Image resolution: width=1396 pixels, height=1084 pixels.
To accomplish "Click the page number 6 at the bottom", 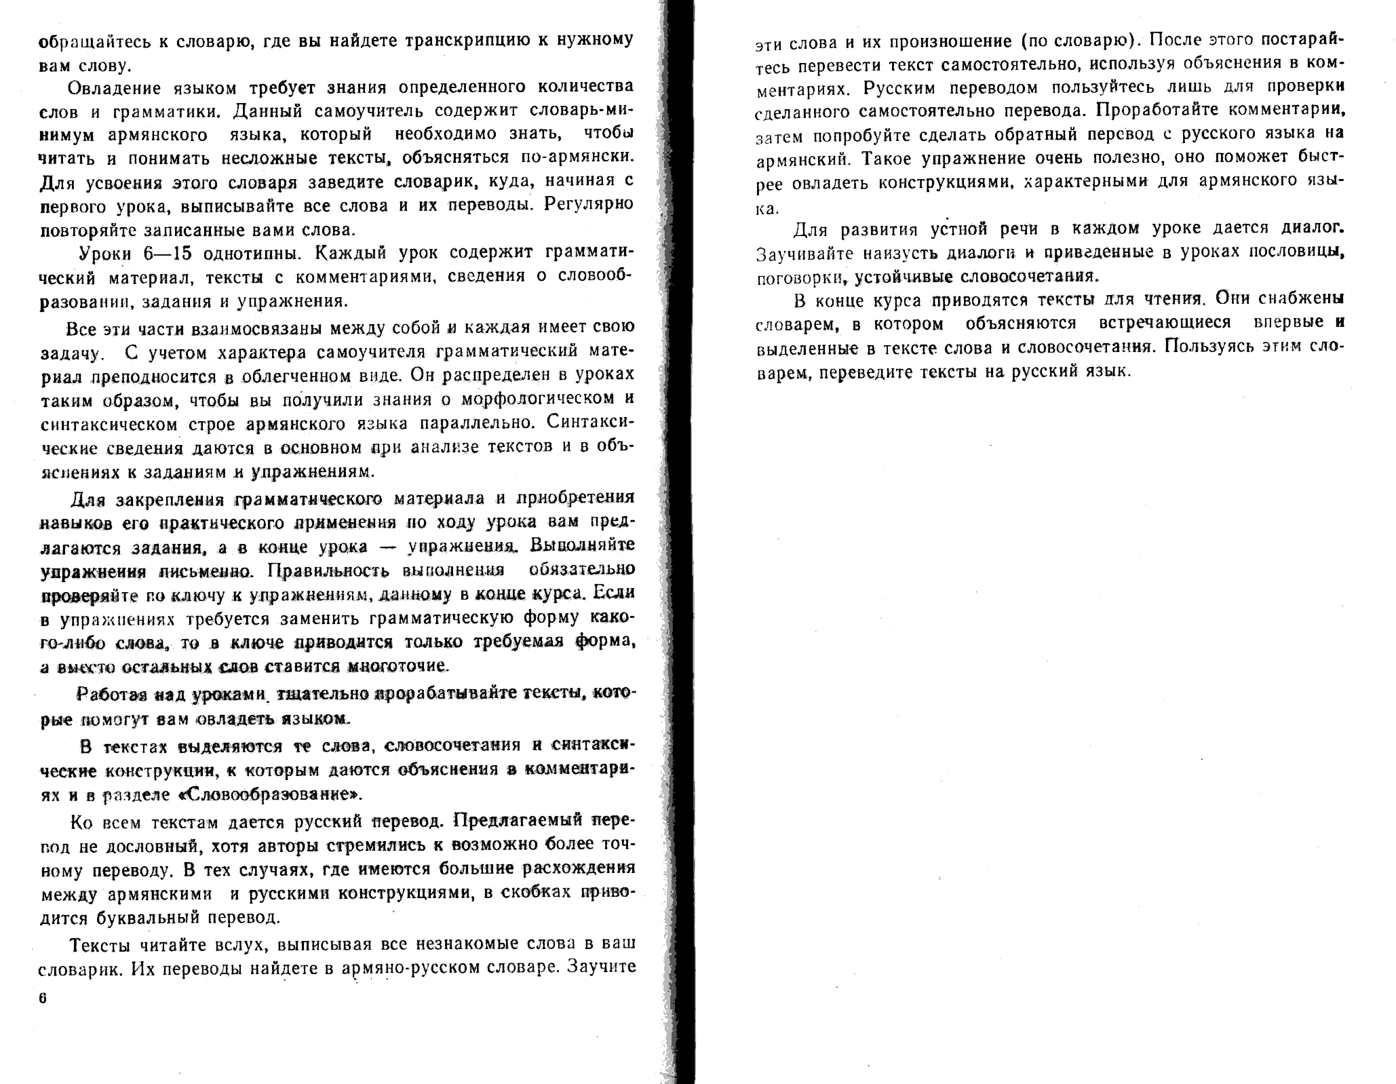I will (x=43, y=998).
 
